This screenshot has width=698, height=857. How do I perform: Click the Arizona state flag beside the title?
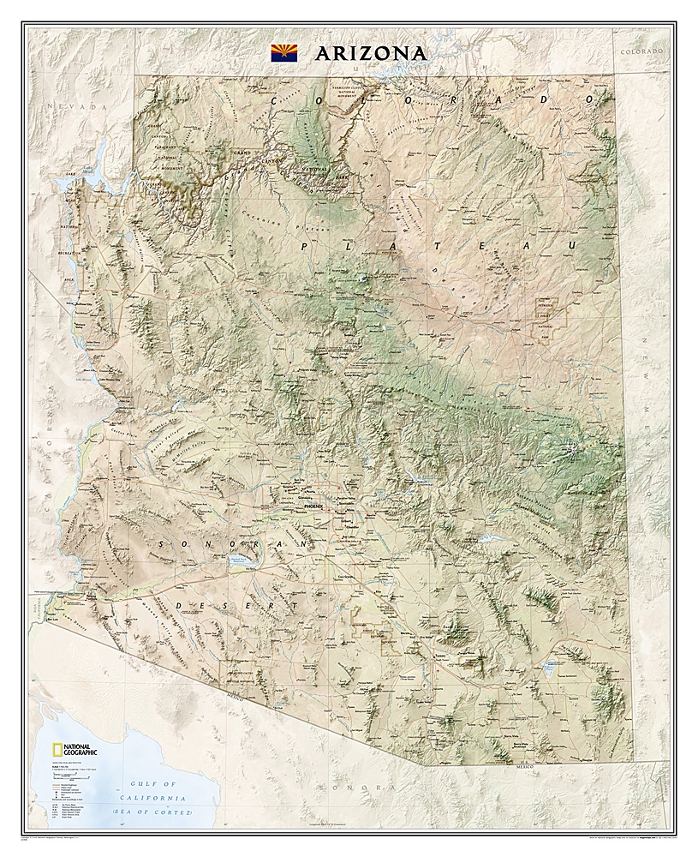click(284, 52)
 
